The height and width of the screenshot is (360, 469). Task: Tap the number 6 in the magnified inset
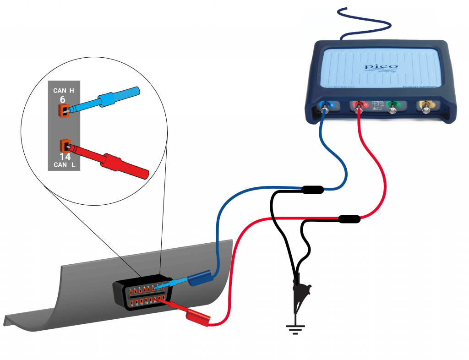(x=62, y=99)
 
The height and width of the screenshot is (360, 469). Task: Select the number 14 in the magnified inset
(x=65, y=157)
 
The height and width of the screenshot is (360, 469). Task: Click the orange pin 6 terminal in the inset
(x=63, y=110)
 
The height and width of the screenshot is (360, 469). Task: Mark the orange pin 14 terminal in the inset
(x=64, y=146)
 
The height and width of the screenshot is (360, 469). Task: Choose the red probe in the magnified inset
(x=115, y=160)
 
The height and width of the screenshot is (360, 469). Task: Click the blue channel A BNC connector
(x=326, y=107)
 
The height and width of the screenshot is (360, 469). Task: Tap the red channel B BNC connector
(x=359, y=107)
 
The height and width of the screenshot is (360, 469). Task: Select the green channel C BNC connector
(x=393, y=108)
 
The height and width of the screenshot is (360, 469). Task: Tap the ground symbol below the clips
(x=294, y=328)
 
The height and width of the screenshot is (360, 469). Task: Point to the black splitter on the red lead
(x=349, y=219)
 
